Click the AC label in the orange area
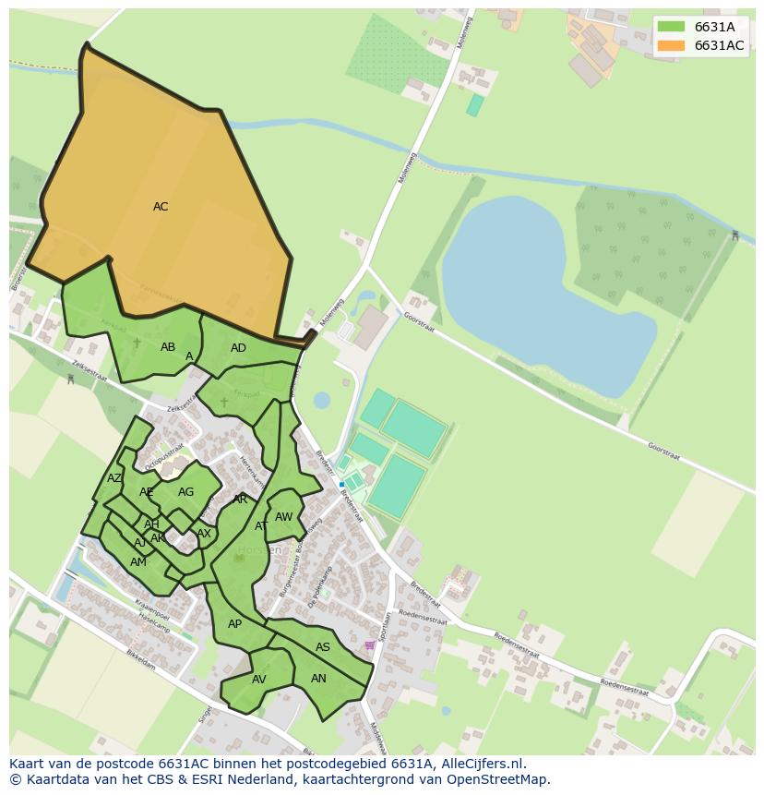(x=161, y=207)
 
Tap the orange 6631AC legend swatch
(x=671, y=45)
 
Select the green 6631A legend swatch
(x=671, y=27)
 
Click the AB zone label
(x=168, y=347)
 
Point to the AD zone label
(x=238, y=348)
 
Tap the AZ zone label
(x=114, y=478)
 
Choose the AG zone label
(x=186, y=492)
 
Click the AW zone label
(x=284, y=517)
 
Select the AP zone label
(x=234, y=624)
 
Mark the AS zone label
(x=323, y=647)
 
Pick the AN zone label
(x=318, y=679)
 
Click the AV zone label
(x=259, y=680)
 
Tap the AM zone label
(x=138, y=562)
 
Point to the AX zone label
(x=204, y=534)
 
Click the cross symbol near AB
(x=137, y=343)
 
